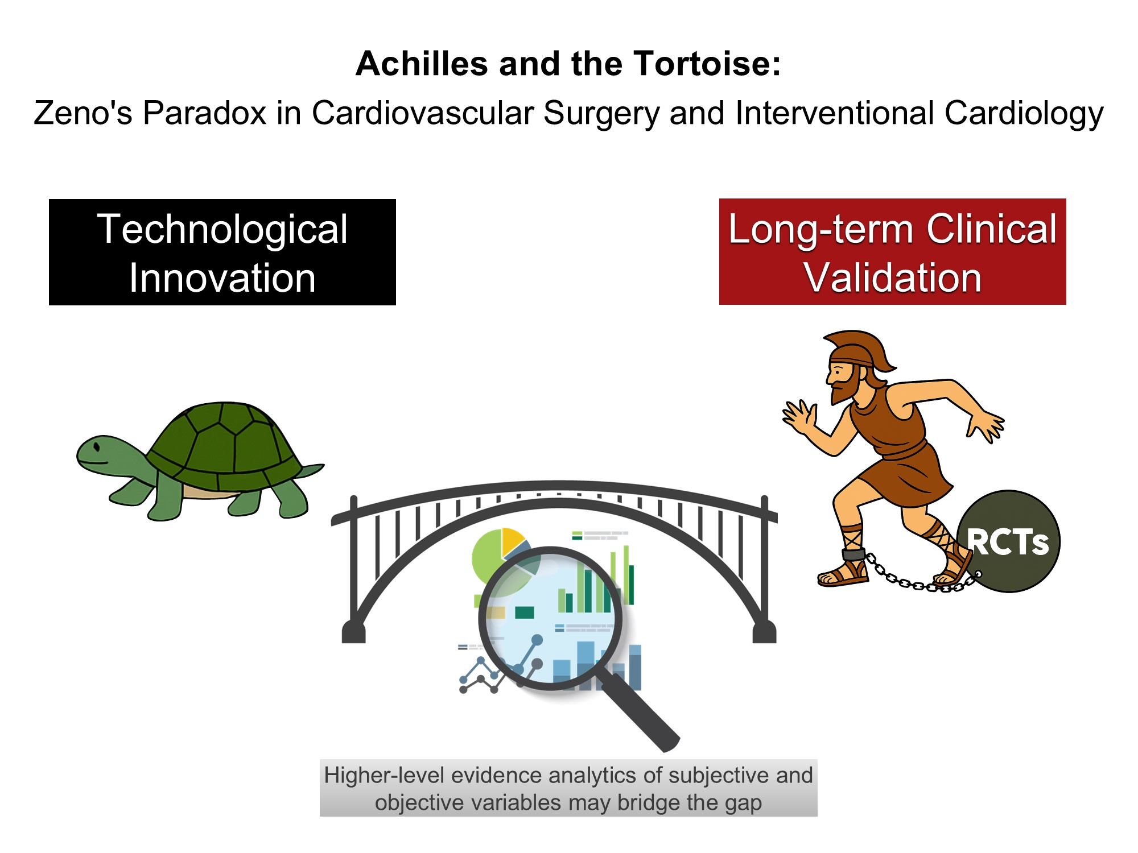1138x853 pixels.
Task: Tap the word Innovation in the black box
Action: pyautogui.click(x=222, y=278)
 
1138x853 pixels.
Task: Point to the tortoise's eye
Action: pyautogui.click(x=97, y=445)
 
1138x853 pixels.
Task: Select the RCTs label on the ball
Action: pyautogui.click(x=1007, y=542)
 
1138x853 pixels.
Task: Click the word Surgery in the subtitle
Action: pyautogui.click(x=600, y=113)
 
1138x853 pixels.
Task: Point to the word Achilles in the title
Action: pyautogui.click(x=422, y=63)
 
